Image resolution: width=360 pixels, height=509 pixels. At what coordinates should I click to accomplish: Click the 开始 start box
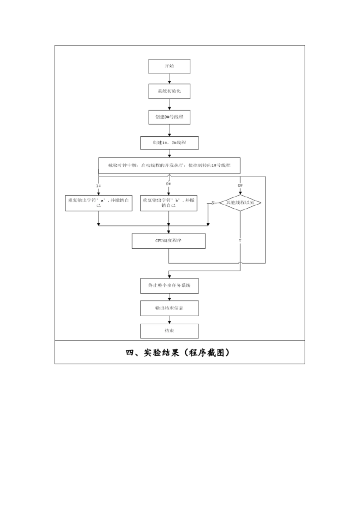point(169,66)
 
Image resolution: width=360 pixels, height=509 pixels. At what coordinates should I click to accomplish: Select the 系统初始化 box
point(169,91)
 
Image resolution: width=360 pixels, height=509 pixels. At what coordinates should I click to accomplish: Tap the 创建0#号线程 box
point(169,117)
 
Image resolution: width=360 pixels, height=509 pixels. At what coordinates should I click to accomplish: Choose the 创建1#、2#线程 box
point(169,143)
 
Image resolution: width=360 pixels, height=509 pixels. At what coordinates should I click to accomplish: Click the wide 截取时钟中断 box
point(169,165)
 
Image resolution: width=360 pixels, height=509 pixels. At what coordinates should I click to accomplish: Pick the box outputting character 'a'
point(99,203)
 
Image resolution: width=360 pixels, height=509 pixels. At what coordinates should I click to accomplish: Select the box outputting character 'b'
point(169,203)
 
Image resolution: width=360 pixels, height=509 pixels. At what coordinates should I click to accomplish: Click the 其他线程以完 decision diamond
point(240,203)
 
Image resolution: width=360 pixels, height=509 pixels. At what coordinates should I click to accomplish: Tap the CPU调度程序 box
point(169,241)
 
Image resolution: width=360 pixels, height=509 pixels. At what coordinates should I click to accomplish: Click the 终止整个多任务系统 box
point(169,285)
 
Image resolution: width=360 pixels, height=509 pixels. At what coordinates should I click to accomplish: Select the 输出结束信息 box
point(169,308)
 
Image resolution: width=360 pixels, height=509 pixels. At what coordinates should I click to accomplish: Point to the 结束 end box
point(169,331)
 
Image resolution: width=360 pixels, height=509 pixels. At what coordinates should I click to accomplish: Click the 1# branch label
point(99,186)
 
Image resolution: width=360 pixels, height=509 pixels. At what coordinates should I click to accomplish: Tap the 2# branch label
point(169,184)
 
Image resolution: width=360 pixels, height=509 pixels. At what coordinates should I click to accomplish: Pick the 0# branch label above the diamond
point(240,186)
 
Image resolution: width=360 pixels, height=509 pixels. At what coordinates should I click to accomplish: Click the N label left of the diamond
point(213,203)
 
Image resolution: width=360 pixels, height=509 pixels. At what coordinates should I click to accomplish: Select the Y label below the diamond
point(240,241)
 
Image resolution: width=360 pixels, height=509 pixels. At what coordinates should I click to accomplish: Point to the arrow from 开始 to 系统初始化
point(169,78)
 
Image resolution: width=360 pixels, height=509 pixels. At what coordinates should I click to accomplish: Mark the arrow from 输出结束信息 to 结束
point(169,320)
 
